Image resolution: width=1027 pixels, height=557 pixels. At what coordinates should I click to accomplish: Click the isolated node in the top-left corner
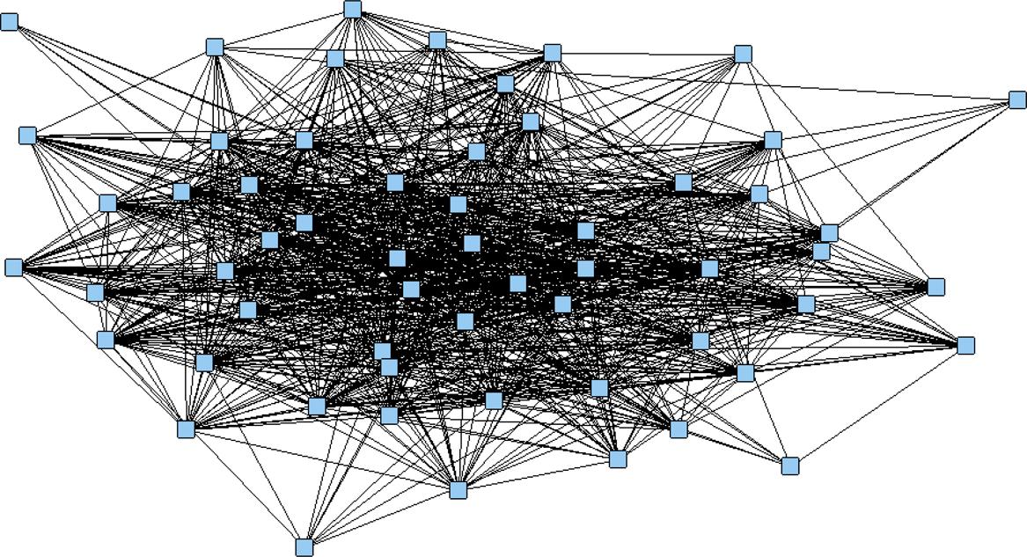point(9,21)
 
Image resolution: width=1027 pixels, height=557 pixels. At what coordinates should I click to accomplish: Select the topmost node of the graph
point(353,9)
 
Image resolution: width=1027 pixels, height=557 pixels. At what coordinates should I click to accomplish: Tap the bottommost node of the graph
point(304,547)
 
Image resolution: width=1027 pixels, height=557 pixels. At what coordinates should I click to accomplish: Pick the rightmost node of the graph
point(1017,99)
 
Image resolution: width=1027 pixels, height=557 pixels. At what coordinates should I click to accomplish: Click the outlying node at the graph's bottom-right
point(790,465)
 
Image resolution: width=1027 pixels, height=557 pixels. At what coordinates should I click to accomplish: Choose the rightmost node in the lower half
point(965,345)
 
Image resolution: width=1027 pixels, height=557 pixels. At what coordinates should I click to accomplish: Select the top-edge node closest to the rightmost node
point(744,55)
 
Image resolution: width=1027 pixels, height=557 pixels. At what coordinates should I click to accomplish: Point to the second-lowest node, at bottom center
point(458,489)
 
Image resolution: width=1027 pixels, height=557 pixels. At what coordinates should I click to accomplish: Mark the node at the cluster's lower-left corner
point(186,429)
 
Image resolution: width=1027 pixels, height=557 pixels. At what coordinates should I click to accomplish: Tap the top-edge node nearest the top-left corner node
point(215,47)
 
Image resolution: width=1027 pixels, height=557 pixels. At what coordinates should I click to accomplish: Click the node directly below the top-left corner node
point(27,136)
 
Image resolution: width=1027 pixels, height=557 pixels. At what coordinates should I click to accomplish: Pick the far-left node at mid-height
point(14,267)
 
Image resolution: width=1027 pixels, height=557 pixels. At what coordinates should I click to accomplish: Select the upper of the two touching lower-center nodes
point(382,351)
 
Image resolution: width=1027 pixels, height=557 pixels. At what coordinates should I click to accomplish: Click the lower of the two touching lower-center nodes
point(389,366)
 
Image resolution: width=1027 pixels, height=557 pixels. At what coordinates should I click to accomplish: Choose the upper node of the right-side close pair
point(829,232)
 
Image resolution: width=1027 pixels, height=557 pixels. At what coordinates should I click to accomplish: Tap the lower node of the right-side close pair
point(821,252)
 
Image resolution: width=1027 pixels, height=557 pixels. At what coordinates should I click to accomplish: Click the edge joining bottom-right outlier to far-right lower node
point(877,406)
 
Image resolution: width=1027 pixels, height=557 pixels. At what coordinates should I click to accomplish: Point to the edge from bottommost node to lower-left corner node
point(245,487)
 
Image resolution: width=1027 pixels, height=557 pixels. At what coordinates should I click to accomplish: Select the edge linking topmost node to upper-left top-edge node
point(283,27)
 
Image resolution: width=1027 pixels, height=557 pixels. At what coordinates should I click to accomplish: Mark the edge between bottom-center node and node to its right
point(538,474)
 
